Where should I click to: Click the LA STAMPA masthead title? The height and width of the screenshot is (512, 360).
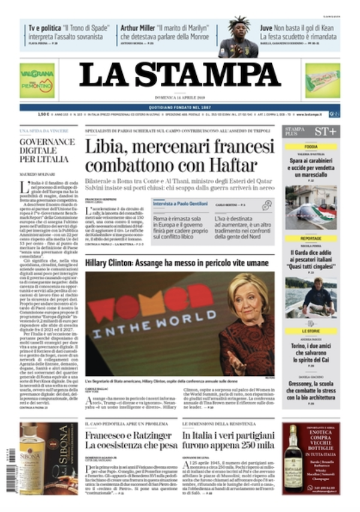click(x=180, y=75)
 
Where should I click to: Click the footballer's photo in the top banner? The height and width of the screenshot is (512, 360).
click(x=238, y=38)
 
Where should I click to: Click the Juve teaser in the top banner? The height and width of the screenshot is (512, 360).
click(x=298, y=31)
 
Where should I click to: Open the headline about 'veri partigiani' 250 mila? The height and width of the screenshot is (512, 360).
click(x=229, y=440)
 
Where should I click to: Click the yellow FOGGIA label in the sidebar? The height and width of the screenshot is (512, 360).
click(x=311, y=147)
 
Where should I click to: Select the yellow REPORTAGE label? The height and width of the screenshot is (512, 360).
click(x=311, y=238)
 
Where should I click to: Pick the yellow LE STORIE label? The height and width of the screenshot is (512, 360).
click(x=311, y=330)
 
